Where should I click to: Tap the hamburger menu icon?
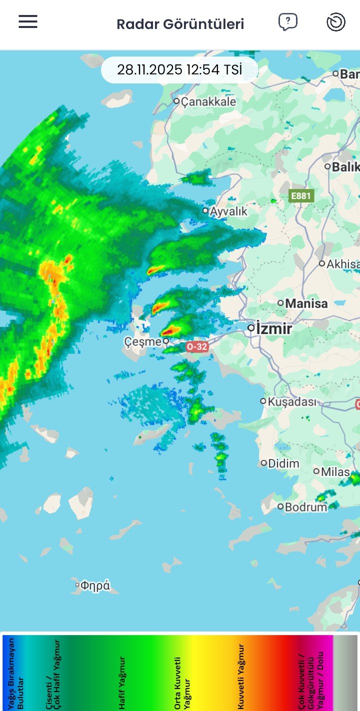[x=28, y=21]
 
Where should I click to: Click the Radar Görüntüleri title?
[x=180, y=24]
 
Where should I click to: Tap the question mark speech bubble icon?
[x=287, y=22]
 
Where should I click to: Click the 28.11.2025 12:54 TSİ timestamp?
[x=179, y=69]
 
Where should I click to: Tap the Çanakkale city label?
[x=208, y=101]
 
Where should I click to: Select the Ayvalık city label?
[x=228, y=211]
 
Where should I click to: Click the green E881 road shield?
[x=301, y=196]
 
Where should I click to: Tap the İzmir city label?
[x=274, y=329]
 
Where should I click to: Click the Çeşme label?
[x=142, y=342]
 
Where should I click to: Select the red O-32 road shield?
[x=196, y=346]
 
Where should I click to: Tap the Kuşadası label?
[x=292, y=401]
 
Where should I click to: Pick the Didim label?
[x=283, y=463]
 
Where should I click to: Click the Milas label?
[x=335, y=471]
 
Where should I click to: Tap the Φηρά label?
[x=95, y=585]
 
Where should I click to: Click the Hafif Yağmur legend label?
[x=122, y=682]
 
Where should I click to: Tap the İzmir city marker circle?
[x=251, y=328]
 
